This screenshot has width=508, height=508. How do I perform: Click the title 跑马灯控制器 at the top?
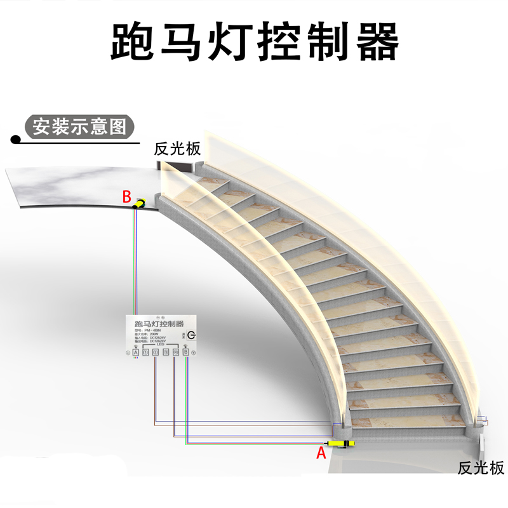pyautogui.click(x=254, y=43)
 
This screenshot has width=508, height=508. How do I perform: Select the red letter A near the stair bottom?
pyautogui.click(x=321, y=453)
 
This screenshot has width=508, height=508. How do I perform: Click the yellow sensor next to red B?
pyautogui.click(x=140, y=203)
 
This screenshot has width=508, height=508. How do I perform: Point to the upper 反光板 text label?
pyautogui.click(x=177, y=149)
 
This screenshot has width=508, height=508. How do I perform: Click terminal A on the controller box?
pyautogui.click(x=136, y=352)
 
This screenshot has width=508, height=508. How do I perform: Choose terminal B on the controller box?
pyautogui.click(x=185, y=352)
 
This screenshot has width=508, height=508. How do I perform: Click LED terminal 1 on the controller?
pyautogui.click(x=145, y=352)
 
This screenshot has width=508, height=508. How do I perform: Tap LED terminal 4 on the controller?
pyautogui.click(x=175, y=352)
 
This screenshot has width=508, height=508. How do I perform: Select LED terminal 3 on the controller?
pyautogui.click(x=165, y=352)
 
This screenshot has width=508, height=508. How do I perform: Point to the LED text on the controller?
pyautogui.click(x=161, y=345)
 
